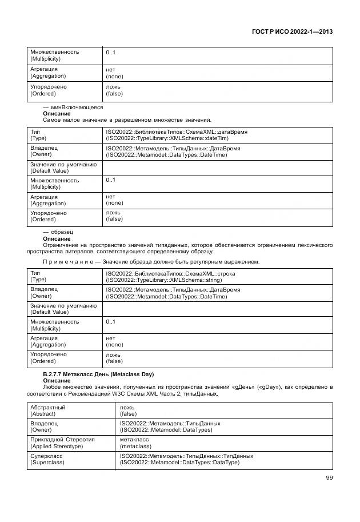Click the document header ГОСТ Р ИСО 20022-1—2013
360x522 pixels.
click(x=292, y=32)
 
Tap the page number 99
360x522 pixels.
click(x=329, y=478)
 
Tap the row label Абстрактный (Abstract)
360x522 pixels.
click(x=48, y=411)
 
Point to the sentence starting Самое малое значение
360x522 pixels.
click(x=127, y=120)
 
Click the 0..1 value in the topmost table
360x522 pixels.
click(x=110, y=53)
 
